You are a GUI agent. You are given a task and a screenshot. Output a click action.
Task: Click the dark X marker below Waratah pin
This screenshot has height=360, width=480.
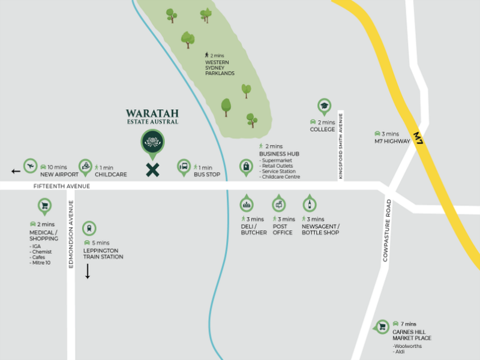[x=153, y=170]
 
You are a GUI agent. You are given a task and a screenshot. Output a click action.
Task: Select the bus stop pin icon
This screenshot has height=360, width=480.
[x=184, y=167]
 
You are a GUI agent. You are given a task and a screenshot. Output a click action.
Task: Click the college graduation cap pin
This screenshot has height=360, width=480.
[x=325, y=107]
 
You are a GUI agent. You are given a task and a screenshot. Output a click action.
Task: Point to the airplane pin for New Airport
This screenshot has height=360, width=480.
[x=30, y=166]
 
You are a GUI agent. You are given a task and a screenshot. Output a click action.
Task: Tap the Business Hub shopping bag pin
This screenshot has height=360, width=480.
[x=245, y=166]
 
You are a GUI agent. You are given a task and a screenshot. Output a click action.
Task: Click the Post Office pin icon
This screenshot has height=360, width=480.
[x=279, y=204]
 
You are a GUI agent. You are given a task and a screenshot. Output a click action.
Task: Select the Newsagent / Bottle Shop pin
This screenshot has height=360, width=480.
[x=310, y=204]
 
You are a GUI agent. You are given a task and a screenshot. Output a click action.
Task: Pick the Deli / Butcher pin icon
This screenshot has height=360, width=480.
[x=247, y=204]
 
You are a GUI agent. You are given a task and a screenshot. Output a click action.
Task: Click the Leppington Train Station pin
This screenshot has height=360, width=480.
[x=89, y=228]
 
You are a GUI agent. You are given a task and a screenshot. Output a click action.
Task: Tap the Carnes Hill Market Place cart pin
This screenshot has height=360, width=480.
[x=381, y=327]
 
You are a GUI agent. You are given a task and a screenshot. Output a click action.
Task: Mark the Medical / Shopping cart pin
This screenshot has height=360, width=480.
[x=44, y=207]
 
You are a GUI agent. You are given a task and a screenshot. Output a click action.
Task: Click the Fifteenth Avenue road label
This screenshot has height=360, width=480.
[x=62, y=187]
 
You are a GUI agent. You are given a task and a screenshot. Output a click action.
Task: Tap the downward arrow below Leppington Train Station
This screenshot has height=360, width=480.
[x=88, y=271]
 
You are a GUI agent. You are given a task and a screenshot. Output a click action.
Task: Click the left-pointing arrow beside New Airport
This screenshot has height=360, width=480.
[x=16, y=172]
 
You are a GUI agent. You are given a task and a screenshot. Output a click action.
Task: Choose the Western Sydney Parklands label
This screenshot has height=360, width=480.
[x=220, y=68]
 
